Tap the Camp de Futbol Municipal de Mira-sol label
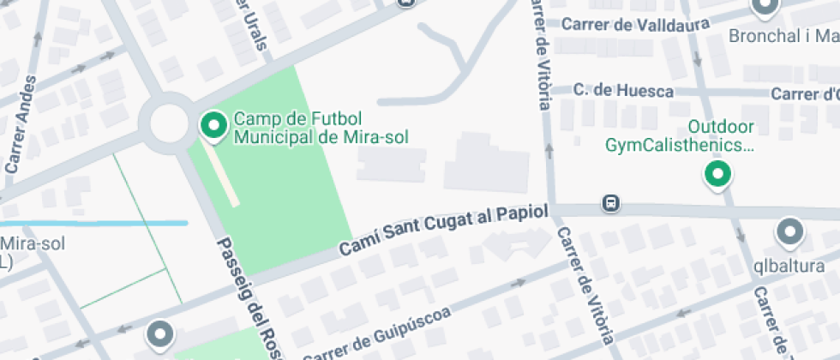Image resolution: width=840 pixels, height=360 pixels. click(321, 128)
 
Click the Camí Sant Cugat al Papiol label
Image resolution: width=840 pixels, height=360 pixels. click(443, 232)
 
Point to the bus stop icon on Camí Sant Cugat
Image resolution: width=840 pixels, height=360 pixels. click(610, 204)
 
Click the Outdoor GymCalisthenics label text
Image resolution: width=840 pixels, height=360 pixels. click(680, 136)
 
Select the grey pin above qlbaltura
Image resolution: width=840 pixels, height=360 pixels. click(789, 232)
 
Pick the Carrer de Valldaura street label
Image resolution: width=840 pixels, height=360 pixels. click(635, 24)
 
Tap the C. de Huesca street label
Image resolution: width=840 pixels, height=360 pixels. click(623, 90)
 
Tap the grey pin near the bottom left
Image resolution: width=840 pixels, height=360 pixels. click(159, 334)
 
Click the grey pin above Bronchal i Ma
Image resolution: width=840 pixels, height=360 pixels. click(764, 9)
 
